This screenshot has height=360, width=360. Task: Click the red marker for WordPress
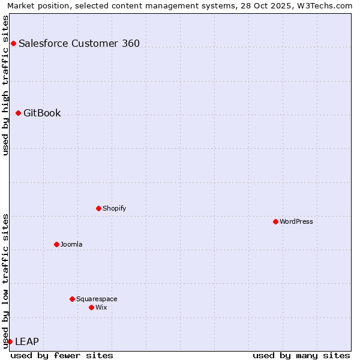coord(275,221)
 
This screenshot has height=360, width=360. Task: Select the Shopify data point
coord(98,208)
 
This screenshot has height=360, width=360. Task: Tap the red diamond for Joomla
coord(56,244)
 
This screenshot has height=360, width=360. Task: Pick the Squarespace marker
coord(72,299)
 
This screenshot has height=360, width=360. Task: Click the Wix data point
coord(91,307)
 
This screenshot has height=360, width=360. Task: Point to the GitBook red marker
coord(18,113)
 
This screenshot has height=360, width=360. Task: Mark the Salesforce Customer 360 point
coord(13,43)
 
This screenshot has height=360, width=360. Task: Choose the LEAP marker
coord(10,341)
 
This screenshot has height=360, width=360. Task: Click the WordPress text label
coord(296,221)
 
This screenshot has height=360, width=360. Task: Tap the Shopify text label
coord(114,208)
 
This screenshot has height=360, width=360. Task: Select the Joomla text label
coord(71,244)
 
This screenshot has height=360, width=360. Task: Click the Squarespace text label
coord(97,299)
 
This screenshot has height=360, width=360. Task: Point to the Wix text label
coord(101,307)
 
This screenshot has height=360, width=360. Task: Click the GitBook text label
coord(42,113)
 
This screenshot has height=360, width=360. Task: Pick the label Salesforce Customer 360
coord(79,43)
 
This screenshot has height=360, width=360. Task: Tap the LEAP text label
coord(27,341)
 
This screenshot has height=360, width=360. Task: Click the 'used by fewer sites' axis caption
coord(62,355)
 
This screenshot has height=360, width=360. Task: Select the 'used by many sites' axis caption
coord(301,355)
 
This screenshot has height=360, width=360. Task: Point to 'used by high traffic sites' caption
coord(5,85)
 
